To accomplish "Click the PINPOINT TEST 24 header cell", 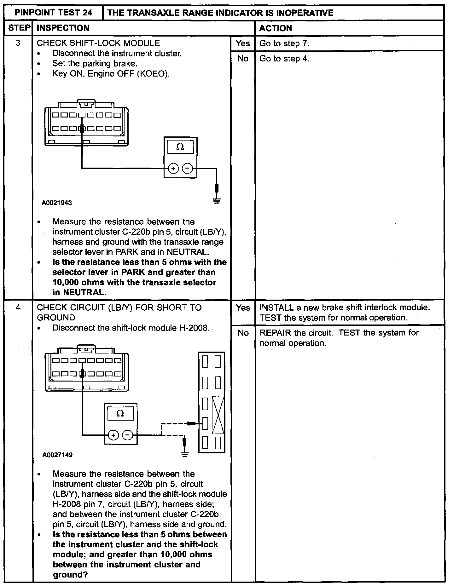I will (x=54, y=13).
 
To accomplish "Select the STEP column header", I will (x=19, y=28).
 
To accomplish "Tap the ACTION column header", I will (x=275, y=28).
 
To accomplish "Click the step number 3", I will (x=18, y=43).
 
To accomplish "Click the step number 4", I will (x=18, y=307).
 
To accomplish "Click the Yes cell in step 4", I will (x=243, y=308).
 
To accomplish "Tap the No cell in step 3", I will (x=243, y=59).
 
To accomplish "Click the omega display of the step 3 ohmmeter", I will (x=180, y=147).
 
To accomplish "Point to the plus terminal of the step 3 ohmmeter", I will (x=173, y=169).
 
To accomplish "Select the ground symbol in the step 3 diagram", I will (x=217, y=200).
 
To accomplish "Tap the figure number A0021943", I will (x=57, y=203).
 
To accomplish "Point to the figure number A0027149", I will (x=57, y=455).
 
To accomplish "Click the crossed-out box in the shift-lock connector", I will (x=218, y=415).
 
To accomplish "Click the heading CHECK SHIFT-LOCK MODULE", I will (x=98, y=43).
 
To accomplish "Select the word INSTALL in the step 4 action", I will (x=276, y=308).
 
